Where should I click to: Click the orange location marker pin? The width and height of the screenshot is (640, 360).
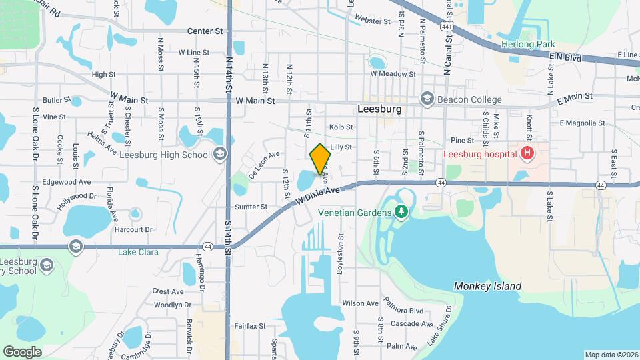tap(321, 159)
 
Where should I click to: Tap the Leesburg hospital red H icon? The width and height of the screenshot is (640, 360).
tap(527, 154)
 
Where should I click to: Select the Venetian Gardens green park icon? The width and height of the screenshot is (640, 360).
tap(401, 212)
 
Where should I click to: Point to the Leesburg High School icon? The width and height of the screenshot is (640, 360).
tap(219, 155)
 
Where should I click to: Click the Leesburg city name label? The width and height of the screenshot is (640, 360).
tap(379, 109)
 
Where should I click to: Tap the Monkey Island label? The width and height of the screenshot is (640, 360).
tap(487, 286)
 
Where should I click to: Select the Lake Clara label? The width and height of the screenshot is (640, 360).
tap(137, 252)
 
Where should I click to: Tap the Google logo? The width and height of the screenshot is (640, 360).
tap(22, 351)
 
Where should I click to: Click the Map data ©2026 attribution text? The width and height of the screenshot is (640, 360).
tap(611, 355)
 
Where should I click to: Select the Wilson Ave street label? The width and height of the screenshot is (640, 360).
tap(361, 303)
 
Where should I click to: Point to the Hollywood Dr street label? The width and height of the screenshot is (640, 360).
tap(77, 200)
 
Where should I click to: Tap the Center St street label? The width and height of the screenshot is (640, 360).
tap(204, 31)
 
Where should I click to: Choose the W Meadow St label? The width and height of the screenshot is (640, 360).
tap(393, 75)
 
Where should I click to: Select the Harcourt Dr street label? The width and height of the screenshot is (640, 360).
tap(133, 229)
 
